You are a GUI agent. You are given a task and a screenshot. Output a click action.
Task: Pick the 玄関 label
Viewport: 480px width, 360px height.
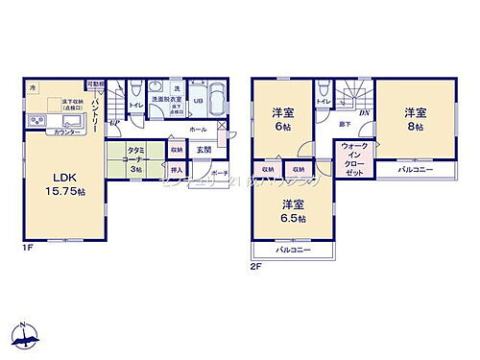point(204,151)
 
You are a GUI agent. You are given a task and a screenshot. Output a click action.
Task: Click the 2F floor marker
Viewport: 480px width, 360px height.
point(256,266)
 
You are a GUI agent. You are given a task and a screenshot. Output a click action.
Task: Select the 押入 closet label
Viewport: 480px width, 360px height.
point(176,170)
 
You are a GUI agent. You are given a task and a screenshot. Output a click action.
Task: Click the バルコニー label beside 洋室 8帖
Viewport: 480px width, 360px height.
point(415,170)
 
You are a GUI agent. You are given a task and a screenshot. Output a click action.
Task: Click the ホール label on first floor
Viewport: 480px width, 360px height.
point(197,128)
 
